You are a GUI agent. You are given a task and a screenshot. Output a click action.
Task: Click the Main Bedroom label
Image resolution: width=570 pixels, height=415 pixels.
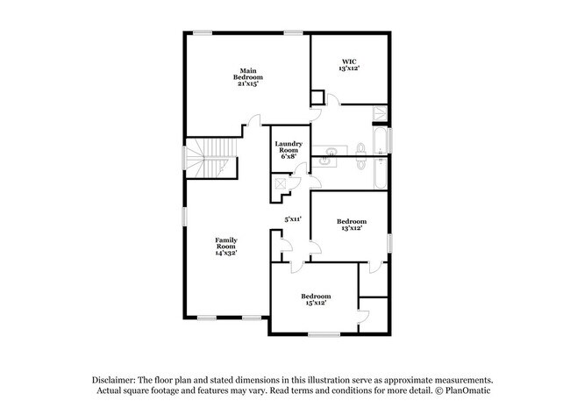tap(248, 77)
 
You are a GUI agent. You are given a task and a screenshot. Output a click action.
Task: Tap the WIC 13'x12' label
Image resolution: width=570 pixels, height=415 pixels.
tap(349, 65)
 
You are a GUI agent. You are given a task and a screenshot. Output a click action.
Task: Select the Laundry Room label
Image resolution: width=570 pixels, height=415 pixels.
tap(289, 150)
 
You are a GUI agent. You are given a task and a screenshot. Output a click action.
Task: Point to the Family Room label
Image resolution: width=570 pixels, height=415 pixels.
tap(226, 247)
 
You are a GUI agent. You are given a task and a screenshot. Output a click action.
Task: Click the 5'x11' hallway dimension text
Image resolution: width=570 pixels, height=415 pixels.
tap(293, 219)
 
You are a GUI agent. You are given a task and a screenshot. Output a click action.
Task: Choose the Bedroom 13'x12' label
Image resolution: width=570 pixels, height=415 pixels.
tap(352, 225)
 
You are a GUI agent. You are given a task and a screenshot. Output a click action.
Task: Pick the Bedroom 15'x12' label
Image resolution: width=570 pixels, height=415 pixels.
tap(316, 299)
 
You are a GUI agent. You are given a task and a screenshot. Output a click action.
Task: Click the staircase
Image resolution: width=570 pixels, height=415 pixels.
tap(210, 158)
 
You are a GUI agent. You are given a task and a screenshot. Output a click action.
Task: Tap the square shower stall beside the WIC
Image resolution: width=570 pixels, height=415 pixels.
tap(381, 113)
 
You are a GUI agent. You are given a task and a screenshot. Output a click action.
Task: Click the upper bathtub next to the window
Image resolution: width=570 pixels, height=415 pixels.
tap(381, 140)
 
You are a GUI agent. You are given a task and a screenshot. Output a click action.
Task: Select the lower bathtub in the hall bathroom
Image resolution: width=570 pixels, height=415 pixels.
tap(381, 173)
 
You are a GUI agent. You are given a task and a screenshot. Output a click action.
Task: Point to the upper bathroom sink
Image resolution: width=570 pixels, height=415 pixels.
tap(331, 150)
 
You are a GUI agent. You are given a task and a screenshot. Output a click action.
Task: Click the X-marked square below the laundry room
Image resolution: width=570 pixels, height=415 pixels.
tap(281, 183)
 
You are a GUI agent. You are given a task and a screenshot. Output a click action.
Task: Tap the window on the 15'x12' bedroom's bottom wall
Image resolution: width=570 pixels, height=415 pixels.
tap(324, 334)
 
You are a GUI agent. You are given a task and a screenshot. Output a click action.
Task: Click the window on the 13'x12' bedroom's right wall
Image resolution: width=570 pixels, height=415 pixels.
tap(389, 243)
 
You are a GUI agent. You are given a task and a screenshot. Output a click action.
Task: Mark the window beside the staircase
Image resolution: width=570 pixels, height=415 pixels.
tap(184, 157)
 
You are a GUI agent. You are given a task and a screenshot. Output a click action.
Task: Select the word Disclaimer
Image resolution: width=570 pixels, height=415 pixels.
tap(114, 380)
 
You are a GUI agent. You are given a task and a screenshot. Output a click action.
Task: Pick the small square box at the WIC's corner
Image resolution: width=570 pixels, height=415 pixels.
tap(317, 97)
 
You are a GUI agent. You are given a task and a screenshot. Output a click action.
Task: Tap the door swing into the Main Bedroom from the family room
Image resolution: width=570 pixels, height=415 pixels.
tap(254, 120)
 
